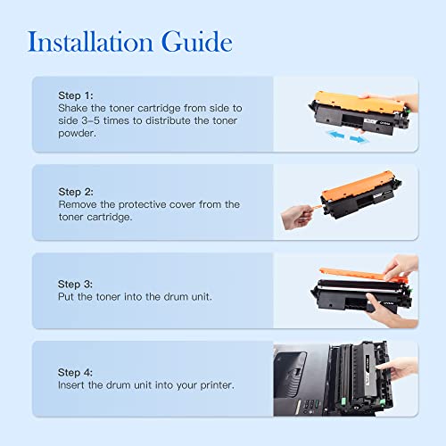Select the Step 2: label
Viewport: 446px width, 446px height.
pyautogui.click(x=77, y=191)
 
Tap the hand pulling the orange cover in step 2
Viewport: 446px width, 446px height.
pyautogui.click(x=296, y=217)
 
